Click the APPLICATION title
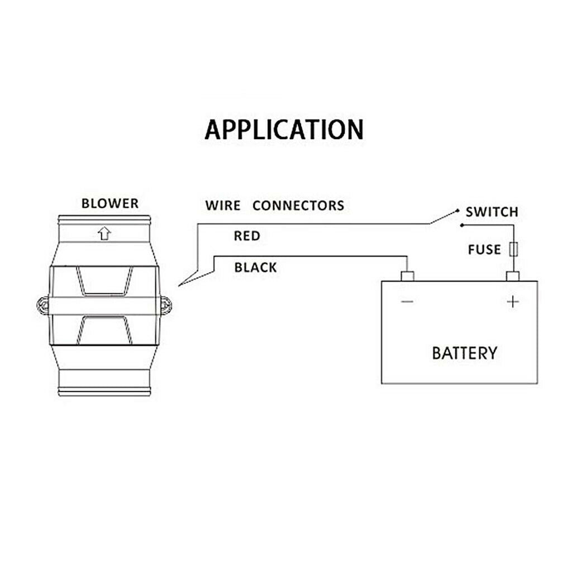coord(284,130)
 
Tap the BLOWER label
coord(110,203)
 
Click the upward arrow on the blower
coord(104,233)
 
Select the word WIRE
coord(223,206)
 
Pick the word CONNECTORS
coord(298,206)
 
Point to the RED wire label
coord(247,236)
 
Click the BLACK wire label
coord(255,268)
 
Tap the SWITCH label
coord(492,212)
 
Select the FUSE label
coord(484,250)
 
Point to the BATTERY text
coord(464,353)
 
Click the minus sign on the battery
coord(407,301)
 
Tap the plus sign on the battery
coord(513,302)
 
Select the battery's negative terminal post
coord(407,276)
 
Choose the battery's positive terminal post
coord(513,276)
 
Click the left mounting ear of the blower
coord(43,305)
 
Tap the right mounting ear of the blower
coord(166,306)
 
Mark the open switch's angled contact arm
coord(444,217)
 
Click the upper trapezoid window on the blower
coord(104,281)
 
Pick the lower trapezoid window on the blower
coord(104,330)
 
